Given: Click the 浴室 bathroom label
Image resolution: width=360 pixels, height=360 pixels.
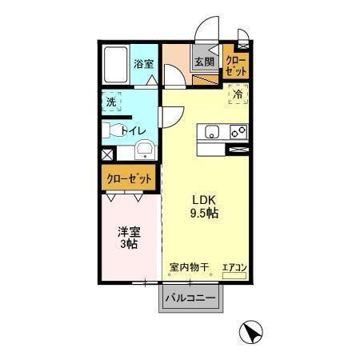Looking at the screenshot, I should [x=143, y=63].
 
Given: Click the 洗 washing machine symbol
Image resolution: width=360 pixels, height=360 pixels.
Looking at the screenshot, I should [x=111, y=102].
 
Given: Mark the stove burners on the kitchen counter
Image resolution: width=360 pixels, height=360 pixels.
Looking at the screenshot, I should [x=238, y=131].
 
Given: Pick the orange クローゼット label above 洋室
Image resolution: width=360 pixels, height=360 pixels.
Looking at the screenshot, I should [x=128, y=179].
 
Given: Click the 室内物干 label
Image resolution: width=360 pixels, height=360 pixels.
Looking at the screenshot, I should [x=188, y=268].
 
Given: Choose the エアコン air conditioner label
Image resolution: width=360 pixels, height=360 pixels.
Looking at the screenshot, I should [x=234, y=268].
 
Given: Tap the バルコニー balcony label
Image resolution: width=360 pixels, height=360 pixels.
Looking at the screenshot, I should [x=191, y=299].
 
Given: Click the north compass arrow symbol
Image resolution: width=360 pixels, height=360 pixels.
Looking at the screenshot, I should [x=250, y=330].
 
